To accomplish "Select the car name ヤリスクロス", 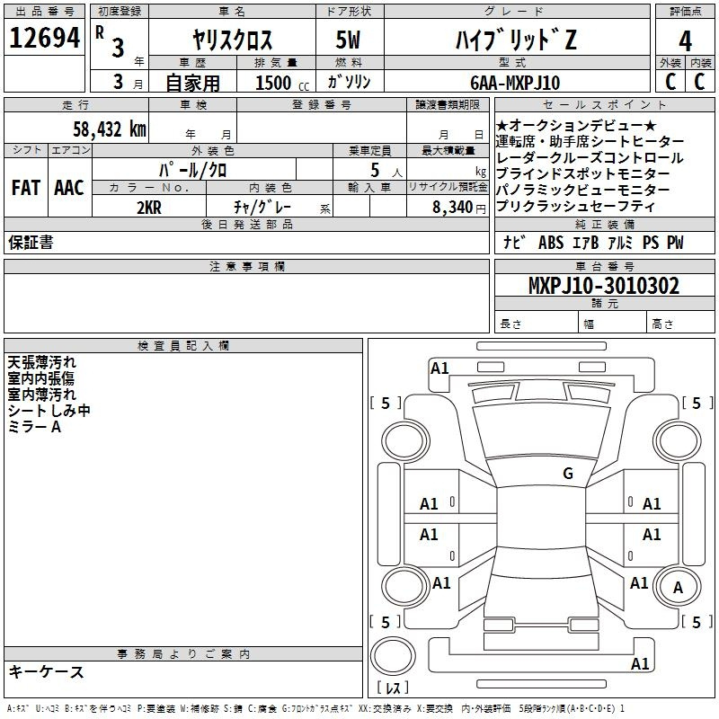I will (233, 40).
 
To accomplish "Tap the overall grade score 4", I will (685, 40).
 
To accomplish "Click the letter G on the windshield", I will (567, 473).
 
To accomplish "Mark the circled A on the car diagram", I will (679, 588).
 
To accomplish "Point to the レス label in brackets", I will (393, 689).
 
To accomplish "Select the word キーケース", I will (46, 671).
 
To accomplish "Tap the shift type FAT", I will (25, 188).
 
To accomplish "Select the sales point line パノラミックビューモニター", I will (582, 191).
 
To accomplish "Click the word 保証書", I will (31, 243).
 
